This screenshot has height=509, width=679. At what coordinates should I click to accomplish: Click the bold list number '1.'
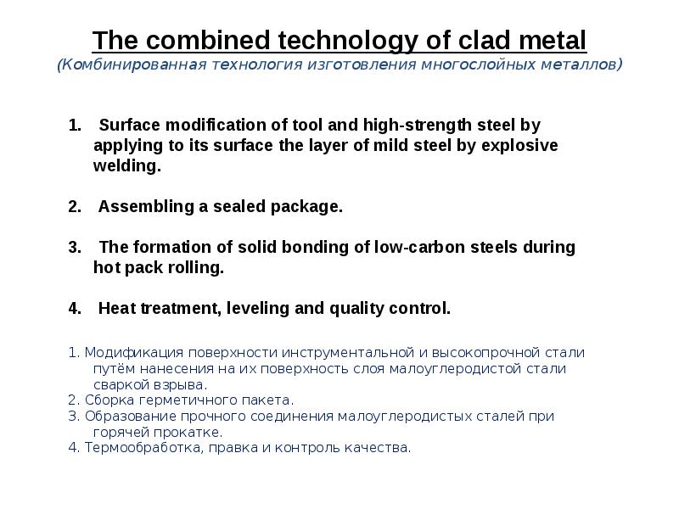click(74, 126)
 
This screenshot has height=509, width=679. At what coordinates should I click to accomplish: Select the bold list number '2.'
click(74, 206)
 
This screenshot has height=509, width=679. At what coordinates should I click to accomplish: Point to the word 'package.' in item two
click(311, 206)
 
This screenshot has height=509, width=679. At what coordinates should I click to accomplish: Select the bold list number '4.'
click(74, 308)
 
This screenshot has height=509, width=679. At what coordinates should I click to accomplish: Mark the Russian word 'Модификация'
click(127, 352)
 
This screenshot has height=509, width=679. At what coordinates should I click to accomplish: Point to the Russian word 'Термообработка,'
click(141, 448)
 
